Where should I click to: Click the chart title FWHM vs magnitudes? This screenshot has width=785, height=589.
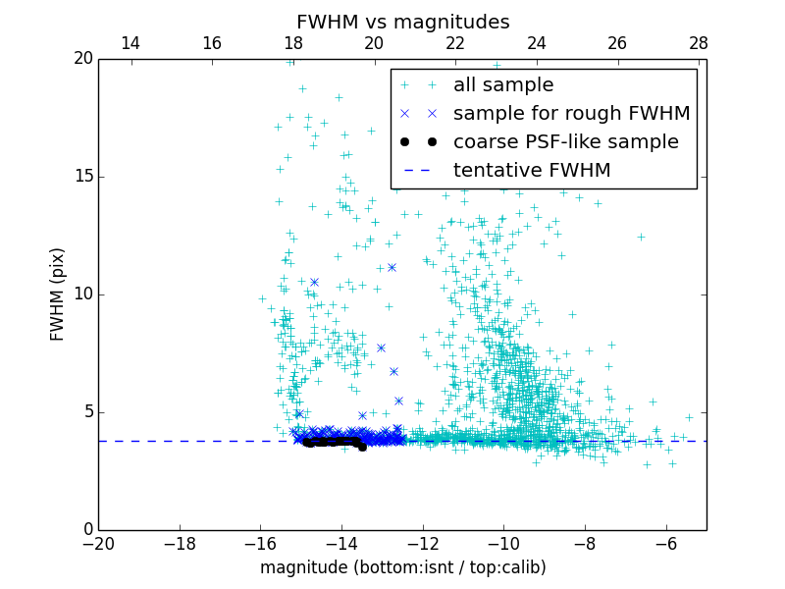(402, 22)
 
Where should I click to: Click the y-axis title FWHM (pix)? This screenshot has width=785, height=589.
(57, 294)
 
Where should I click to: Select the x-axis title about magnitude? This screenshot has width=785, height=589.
(402, 567)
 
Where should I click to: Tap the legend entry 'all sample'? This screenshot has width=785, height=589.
(502, 85)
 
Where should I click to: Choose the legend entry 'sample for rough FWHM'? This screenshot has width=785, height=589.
(571, 114)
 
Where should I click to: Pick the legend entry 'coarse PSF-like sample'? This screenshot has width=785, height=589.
(565, 142)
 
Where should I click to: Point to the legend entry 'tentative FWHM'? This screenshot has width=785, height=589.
(531, 171)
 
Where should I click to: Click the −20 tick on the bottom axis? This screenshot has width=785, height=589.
(98, 544)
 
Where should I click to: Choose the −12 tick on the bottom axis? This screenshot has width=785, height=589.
(422, 544)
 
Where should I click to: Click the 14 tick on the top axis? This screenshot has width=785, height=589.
(130, 43)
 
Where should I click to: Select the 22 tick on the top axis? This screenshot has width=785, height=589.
(454, 43)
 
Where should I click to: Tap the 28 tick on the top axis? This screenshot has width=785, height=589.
(698, 43)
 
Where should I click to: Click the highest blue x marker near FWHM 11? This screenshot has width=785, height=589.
(392, 267)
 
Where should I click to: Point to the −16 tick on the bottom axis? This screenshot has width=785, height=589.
(260, 544)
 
